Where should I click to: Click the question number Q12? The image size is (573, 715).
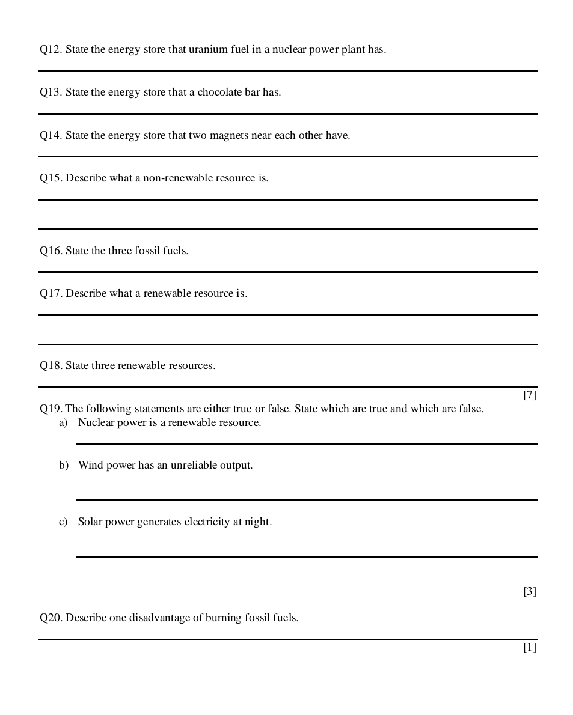pos(51,50)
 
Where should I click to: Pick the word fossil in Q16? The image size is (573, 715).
pos(146,251)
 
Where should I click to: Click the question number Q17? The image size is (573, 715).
pos(51,294)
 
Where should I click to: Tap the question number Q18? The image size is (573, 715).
pos(51,366)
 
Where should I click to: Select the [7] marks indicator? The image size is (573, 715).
pos(529,395)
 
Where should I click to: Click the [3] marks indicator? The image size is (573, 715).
pos(529,592)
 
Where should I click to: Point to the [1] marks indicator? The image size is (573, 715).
pos(529,648)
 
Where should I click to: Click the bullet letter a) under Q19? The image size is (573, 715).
pos(63,423)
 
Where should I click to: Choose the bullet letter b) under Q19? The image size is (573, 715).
pos(63,466)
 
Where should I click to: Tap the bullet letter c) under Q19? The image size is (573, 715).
pos(63,522)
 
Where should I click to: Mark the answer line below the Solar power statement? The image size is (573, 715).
pos(307,556)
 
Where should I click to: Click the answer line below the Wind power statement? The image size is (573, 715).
pos(307,500)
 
